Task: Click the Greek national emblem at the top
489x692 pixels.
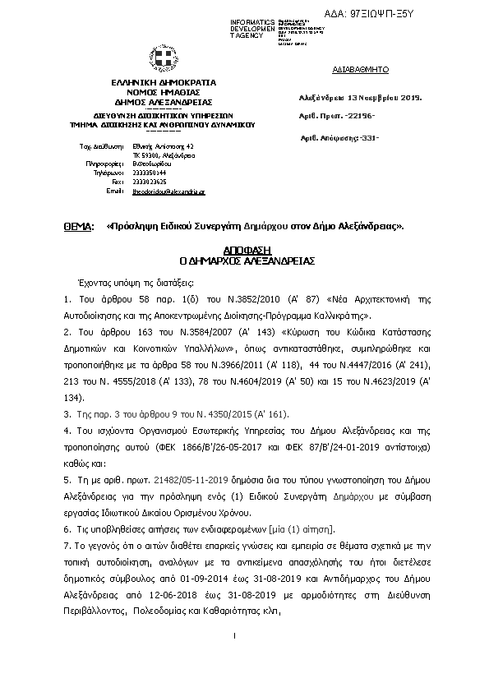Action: click(164, 58)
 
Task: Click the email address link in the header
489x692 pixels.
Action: click(168, 191)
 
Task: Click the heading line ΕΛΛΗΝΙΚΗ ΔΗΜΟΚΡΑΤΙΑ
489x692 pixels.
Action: click(164, 83)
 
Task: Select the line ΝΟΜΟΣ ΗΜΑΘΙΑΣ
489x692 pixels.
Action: click(164, 92)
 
